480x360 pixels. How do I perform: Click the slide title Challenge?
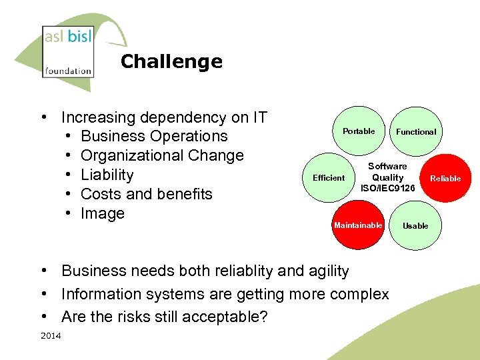[x=171, y=62]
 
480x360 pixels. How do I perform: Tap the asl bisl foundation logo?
[x=67, y=51]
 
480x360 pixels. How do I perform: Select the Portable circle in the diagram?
[x=359, y=131]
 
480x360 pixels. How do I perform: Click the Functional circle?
[x=416, y=132]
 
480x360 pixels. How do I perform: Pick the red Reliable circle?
[x=445, y=178]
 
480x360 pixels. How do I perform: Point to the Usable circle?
[x=415, y=225]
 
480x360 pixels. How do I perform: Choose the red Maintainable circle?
[x=359, y=225]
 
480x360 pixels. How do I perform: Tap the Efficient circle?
[x=329, y=178]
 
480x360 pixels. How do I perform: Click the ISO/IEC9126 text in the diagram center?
[x=387, y=189]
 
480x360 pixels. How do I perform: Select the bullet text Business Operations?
[x=154, y=137]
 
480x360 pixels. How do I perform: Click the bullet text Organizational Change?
[x=162, y=156]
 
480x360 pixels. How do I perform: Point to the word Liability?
[x=107, y=175]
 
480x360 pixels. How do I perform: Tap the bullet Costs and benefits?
[x=146, y=195]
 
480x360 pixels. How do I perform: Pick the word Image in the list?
[x=102, y=214]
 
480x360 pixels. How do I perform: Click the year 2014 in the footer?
[x=51, y=335]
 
